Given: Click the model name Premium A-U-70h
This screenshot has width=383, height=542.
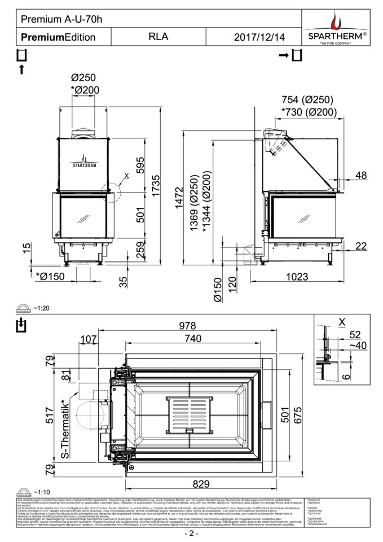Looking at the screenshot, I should point(62,19).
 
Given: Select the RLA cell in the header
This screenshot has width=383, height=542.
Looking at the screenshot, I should point(157,37).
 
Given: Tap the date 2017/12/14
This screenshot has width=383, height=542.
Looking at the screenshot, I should point(259,37).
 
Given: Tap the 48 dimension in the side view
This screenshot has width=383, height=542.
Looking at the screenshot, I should point(360,176).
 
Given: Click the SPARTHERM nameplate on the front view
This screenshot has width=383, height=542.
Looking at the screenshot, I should point(86,165).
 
